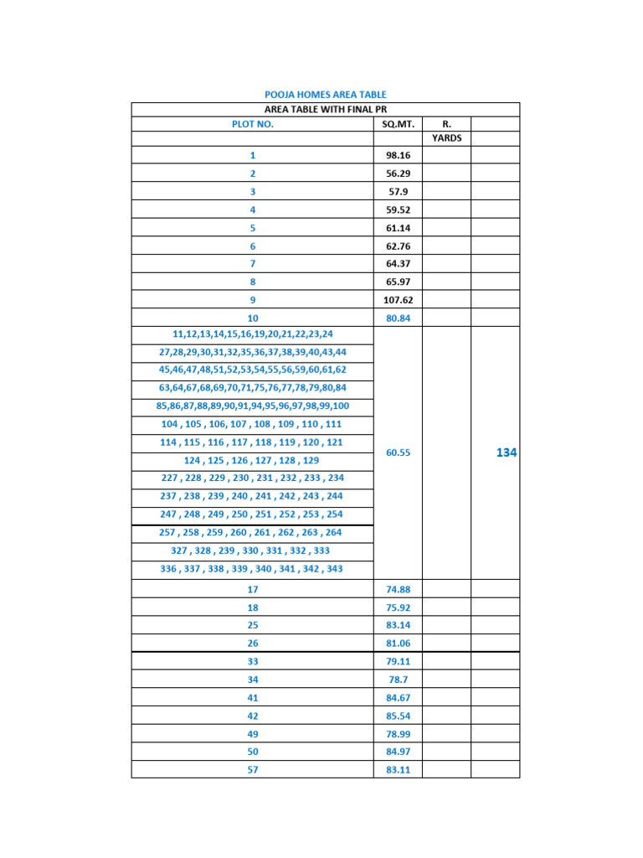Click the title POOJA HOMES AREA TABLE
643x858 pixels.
(x=325, y=96)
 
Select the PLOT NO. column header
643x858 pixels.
(x=253, y=124)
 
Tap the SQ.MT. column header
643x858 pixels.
(x=399, y=124)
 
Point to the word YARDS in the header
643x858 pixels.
(x=446, y=138)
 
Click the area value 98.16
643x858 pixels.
(x=399, y=155)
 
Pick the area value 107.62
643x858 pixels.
(x=399, y=300)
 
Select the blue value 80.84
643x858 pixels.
(x=399, y=318)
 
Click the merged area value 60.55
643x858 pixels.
(x=399, y=452)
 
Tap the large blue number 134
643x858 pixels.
(x=507, y=452)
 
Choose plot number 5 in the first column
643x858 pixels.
(x=253, y=228)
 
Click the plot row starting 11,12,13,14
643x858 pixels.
(x=253, y=333)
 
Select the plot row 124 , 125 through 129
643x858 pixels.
(x=253, y=461)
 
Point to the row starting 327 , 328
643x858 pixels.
(x=253, y=550)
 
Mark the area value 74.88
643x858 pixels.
(x=399, y=589)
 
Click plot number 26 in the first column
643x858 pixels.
(x=253, y=643)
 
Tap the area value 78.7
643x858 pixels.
(x=399, y=680)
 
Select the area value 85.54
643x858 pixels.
(x=399, y=716)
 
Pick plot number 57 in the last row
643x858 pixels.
(x=253, y=770)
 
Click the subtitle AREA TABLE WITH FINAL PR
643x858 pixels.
(x=325, y=110)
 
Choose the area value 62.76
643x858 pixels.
(x=399, y=246)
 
